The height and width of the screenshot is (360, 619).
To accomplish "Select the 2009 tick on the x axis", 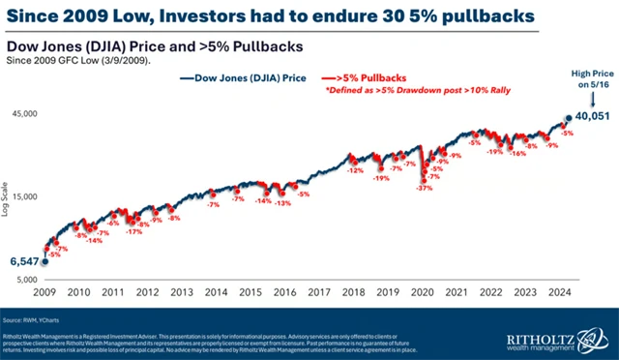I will (x=44, y=290).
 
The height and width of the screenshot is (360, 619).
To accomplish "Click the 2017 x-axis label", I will (x=319, y=290).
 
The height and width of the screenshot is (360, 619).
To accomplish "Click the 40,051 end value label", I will (x=592, y=116).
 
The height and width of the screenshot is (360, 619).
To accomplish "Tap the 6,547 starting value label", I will (x=24, y=261).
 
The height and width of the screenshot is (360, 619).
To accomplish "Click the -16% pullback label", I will (x=518, y=153).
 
